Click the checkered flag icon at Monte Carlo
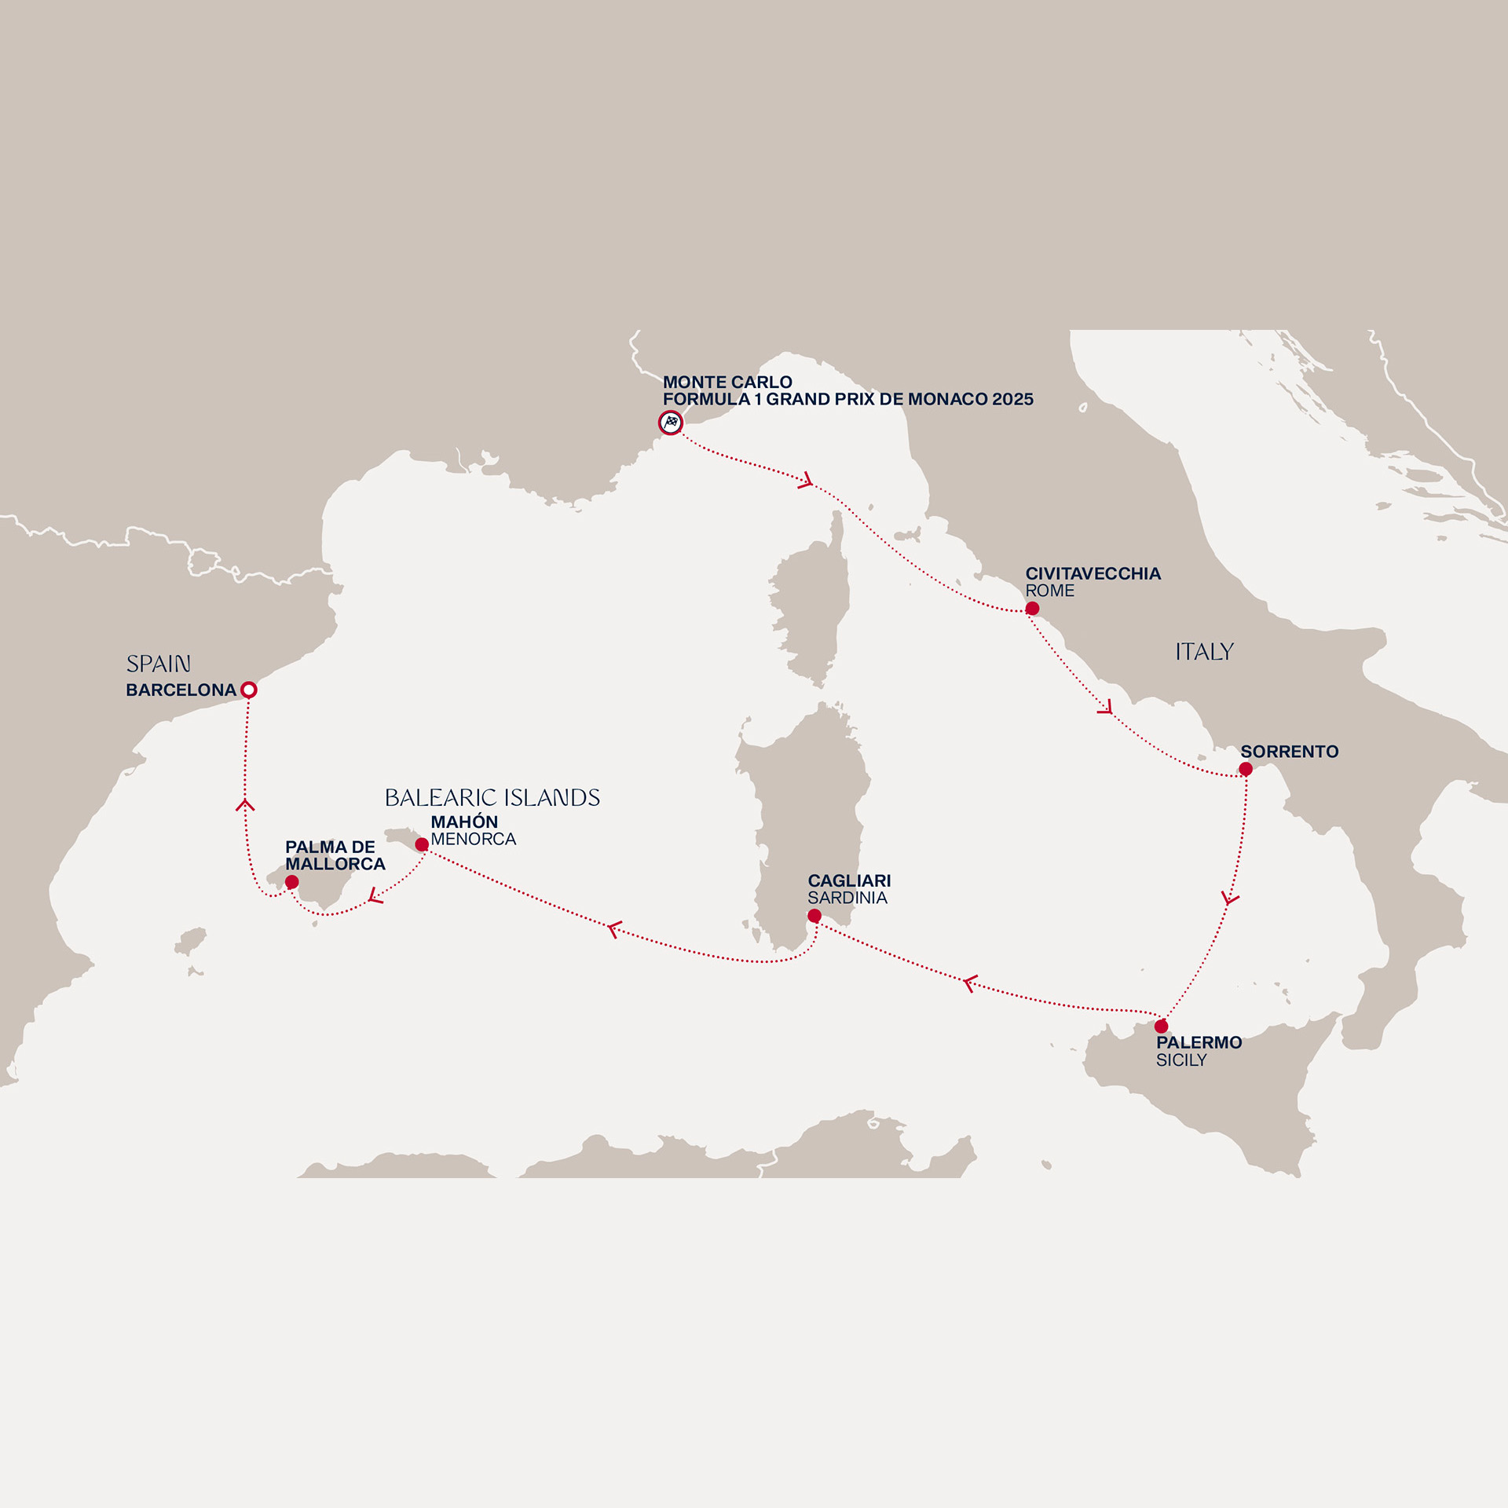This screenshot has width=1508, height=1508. coord(671,423)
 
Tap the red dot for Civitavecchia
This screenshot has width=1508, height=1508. coord(1032,609)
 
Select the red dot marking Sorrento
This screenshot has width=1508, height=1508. coord(1246,769)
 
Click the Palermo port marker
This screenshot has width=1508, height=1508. coord(1161,1026)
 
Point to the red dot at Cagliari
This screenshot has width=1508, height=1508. coord(814,916)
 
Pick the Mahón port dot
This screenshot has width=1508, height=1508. coord(422,844)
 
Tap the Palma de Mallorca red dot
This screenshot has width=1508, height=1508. coord(292,882)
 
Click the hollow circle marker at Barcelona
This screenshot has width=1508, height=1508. coord(248,690)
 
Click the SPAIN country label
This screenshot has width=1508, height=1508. coord(159,664)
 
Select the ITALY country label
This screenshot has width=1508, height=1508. coord(1204,652)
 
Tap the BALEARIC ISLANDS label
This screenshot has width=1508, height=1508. coord(492,798)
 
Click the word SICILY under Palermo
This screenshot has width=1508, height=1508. coord(1180,1060)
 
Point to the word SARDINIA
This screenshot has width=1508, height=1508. coord(847,898)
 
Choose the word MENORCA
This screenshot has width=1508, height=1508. coord(473,839)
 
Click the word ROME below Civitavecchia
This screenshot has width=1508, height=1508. coord(1049,591)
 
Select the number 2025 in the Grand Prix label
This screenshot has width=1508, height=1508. coord(1012,399)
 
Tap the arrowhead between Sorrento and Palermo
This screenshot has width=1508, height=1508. coord(1230,898)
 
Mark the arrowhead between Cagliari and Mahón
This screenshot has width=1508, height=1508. coord(615,929)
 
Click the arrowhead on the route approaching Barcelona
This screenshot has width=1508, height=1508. coord(245,805)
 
